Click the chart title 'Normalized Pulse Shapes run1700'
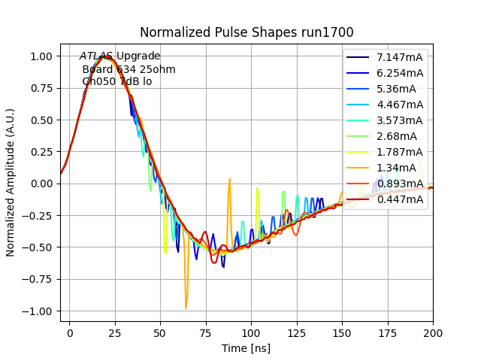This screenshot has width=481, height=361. click(247, 32)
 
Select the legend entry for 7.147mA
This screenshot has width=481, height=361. click(400, 57)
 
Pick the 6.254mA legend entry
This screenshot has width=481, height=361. click(400, 73)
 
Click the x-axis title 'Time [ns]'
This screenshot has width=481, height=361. click(247, 348)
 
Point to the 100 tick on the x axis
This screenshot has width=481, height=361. click(251, 332)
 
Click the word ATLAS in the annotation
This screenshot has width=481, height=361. click(96, 56)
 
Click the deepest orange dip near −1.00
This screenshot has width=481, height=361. click(186, 308)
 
